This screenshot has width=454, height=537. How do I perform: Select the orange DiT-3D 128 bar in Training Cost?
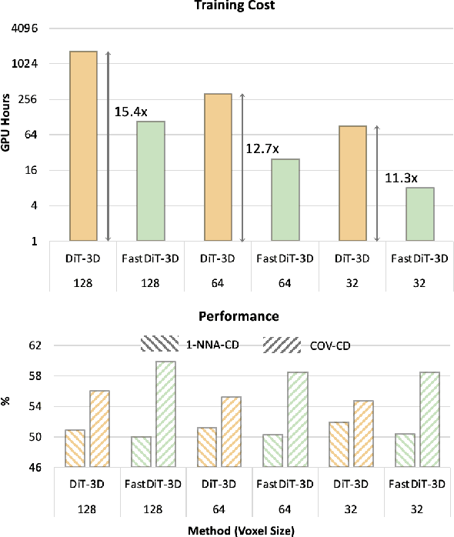click(84, 146)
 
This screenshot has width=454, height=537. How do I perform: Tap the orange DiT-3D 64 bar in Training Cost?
click(218, 167)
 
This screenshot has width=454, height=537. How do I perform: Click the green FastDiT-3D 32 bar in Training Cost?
click(420, 215)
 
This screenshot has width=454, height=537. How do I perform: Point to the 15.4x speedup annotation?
click(131, 112)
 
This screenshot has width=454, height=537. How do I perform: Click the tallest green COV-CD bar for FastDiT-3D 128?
click(166, 414)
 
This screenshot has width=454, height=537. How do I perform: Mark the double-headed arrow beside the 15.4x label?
click(108, 146)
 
